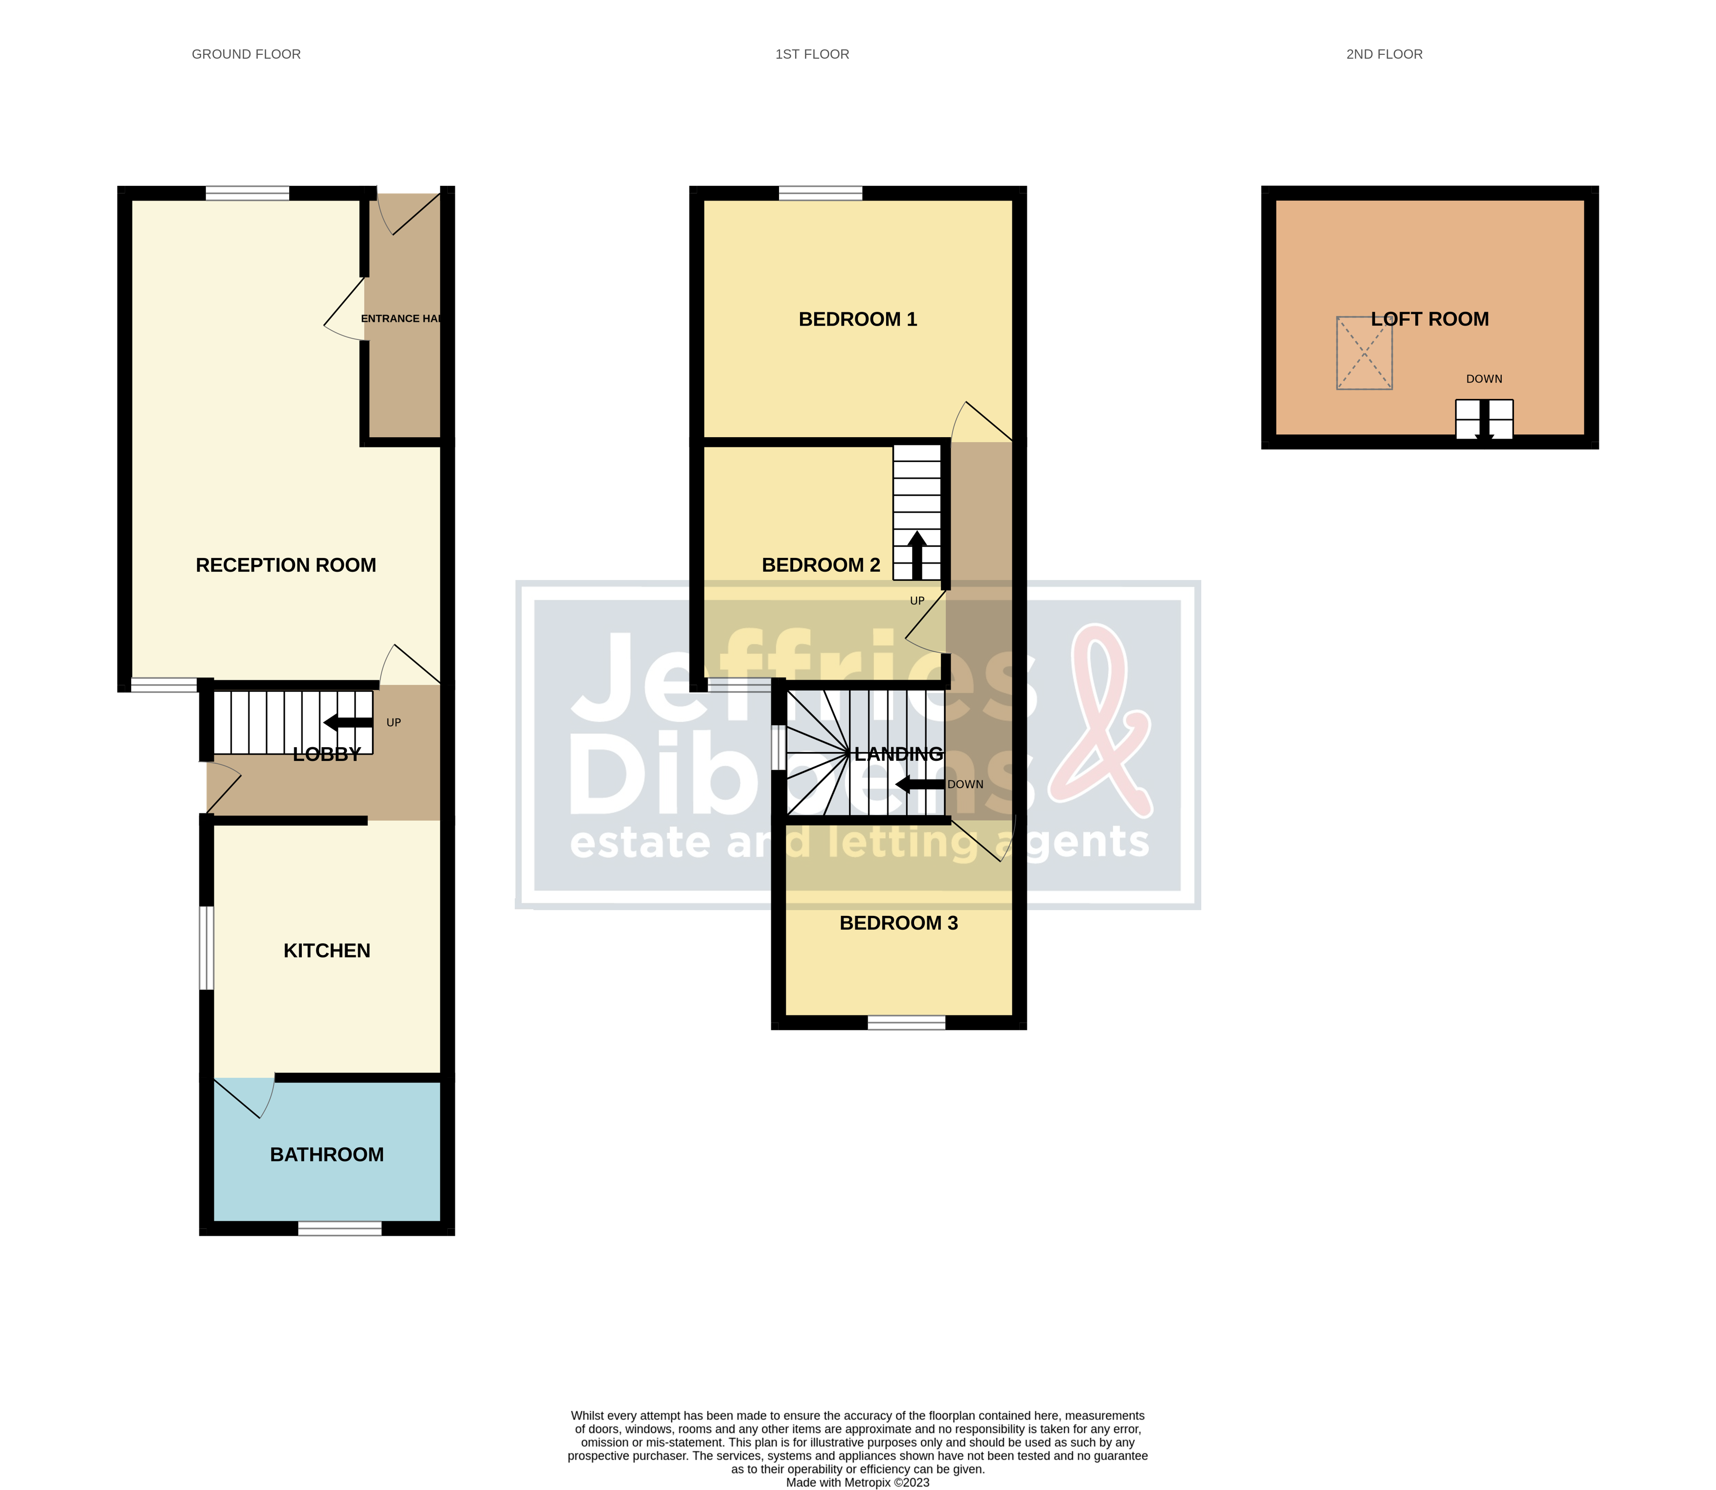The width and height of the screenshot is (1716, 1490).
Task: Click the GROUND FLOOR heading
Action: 246,54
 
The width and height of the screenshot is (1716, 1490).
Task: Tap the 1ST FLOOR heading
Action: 812,54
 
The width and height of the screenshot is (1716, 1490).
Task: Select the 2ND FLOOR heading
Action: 1384,54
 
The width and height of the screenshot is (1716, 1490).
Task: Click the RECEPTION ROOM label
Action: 285,565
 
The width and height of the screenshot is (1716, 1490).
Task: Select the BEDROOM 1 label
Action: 858,319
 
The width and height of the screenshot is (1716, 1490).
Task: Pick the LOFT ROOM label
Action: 1430,319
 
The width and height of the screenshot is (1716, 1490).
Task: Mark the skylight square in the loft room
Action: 1364,353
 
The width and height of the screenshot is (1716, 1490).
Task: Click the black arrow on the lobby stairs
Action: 348,722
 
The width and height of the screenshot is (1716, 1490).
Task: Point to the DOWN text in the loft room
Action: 1484,379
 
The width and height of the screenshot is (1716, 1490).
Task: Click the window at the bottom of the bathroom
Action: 340,1228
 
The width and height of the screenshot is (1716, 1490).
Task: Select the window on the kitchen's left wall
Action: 206,948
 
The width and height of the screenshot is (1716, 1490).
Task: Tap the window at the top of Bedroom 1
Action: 820,194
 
